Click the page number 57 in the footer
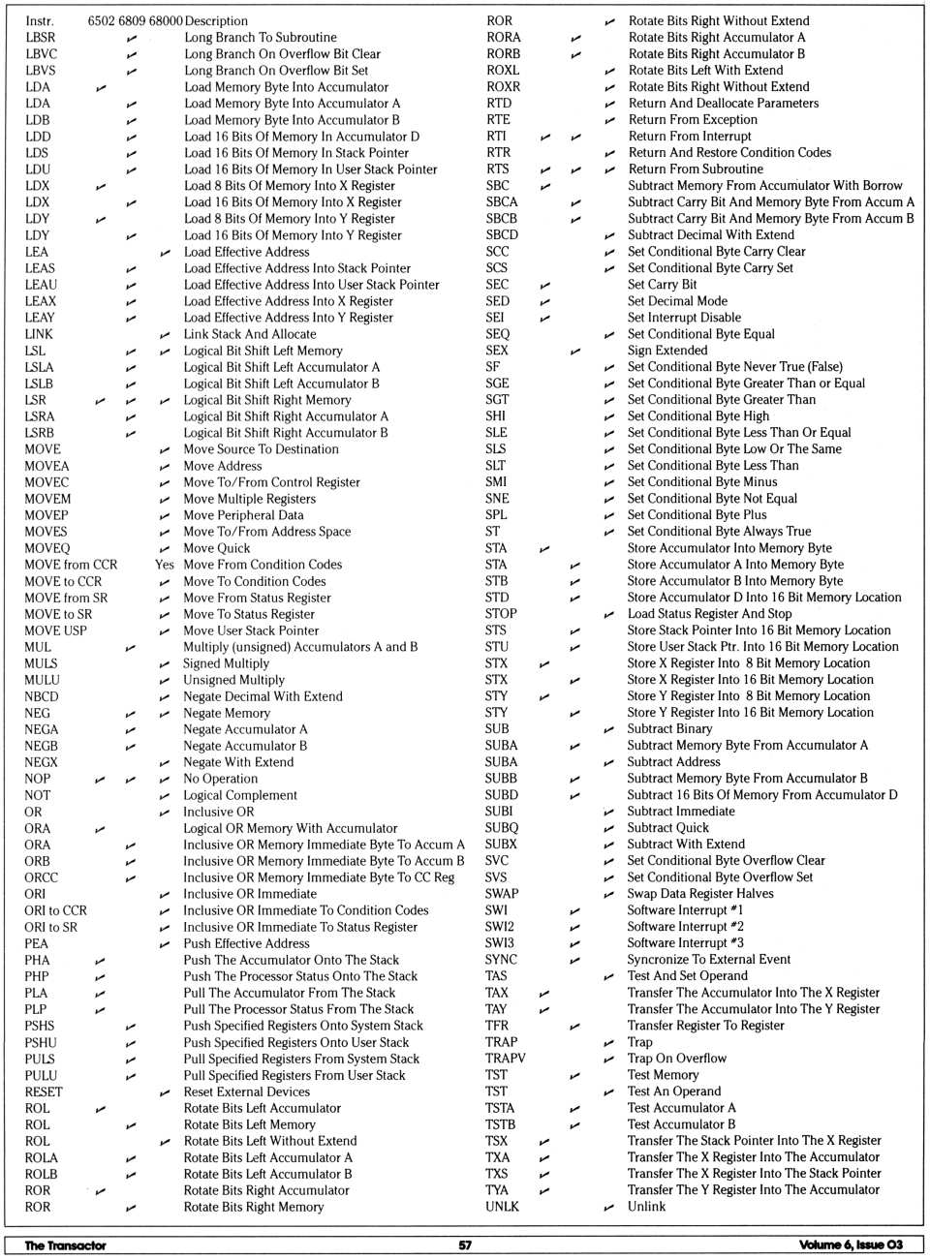tap(465, 1245)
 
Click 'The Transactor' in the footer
tap(65, 1245)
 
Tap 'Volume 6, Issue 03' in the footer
tap(851, 1245)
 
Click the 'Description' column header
tap(216, 20)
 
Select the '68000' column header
tap(166, 20)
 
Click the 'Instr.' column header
tap(40, 20)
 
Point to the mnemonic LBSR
tap(41, 37)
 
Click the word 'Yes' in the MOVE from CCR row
tap(165, 565)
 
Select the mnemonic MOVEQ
tap(46, 548)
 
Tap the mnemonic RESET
tap(44, 1091)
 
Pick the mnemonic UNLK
tap(502, 1207)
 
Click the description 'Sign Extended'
tap(667, 351)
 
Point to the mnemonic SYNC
tap(501, 960)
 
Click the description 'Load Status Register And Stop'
tap(709, 614)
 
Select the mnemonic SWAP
tap(502, 894)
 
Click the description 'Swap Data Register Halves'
tap(700, 894)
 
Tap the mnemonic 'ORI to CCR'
tap(55, 910)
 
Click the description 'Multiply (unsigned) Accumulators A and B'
tap(300, 647)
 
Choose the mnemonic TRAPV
tap(505, 1059)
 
